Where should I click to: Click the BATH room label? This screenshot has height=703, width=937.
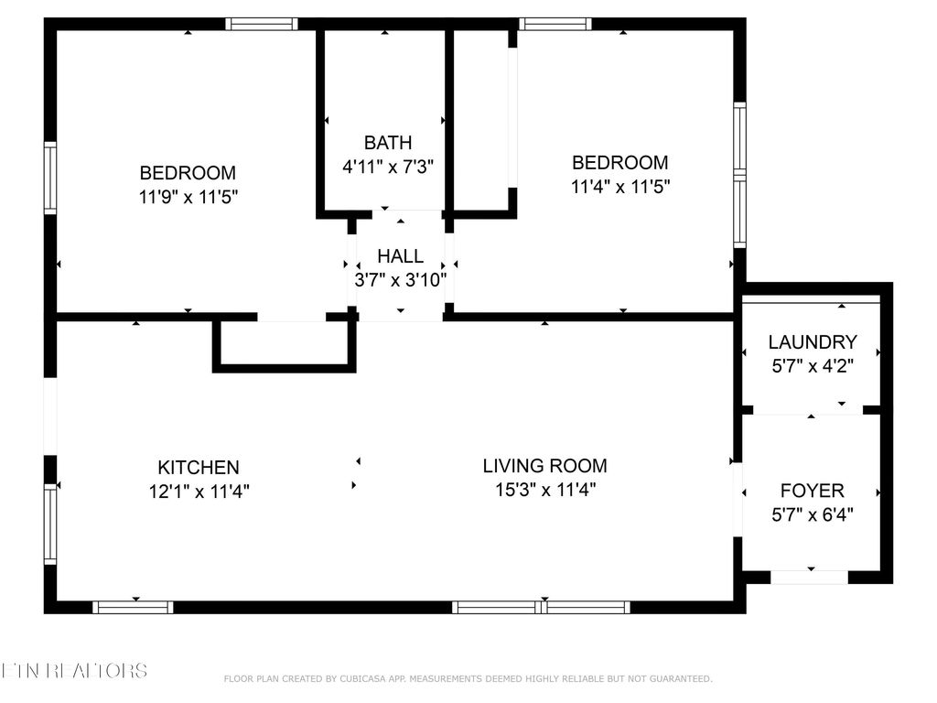388,143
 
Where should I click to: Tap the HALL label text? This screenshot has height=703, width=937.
401,256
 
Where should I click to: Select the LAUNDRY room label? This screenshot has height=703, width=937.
813,342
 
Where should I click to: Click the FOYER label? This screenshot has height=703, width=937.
813,491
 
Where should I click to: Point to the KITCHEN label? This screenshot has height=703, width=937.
199,468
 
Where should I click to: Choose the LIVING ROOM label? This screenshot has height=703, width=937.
544,466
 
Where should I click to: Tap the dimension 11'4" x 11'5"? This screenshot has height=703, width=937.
620,187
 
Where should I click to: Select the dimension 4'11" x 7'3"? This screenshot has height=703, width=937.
388,167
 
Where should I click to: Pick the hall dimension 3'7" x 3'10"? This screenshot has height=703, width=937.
401,280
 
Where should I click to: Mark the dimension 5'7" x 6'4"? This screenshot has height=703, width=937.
813,514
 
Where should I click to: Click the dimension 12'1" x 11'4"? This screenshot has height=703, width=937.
199,492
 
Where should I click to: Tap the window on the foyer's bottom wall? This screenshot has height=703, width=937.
810,578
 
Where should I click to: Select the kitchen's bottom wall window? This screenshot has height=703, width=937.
134,607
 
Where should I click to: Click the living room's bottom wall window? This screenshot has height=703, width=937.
542,607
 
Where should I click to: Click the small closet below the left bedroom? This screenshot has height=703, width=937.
285,344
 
